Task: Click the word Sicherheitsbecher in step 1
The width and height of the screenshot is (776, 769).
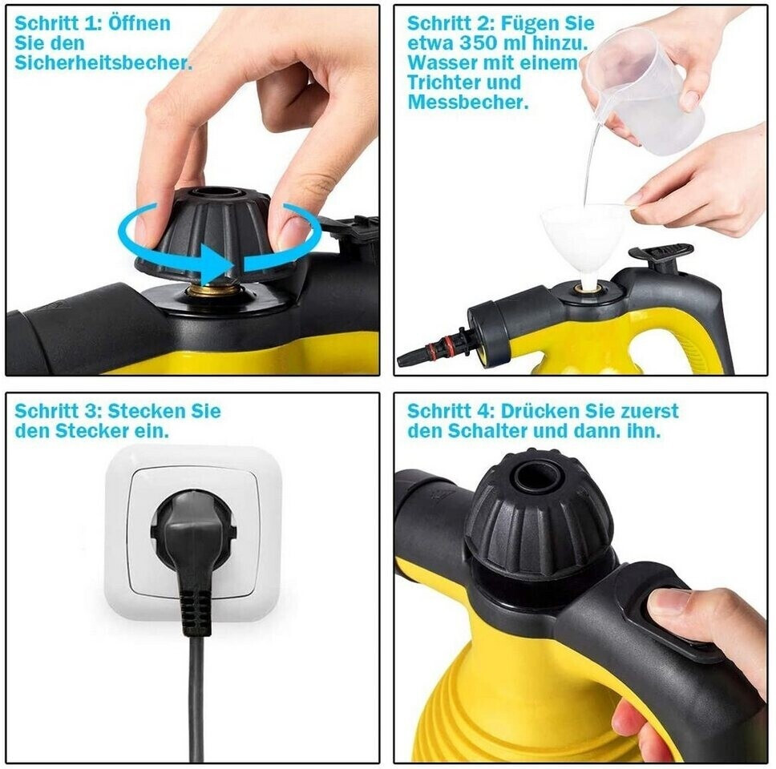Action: pos(102,62)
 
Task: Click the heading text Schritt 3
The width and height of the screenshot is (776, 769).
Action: pos(59,411)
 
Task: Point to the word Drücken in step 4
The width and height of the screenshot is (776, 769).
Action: pos(540,411)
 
